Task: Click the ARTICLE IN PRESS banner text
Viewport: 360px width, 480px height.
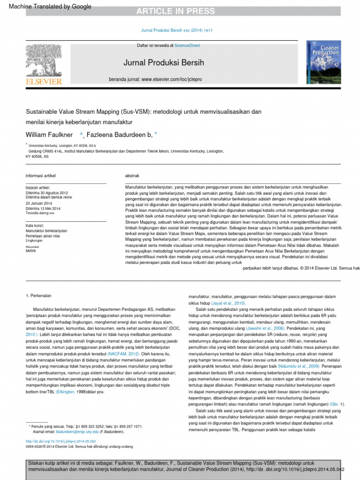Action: coord(176,11)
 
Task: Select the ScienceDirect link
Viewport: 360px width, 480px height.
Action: coord(187,45)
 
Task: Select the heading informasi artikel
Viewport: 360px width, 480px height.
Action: coord(40,176)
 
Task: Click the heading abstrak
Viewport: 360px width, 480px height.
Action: coord(132,176)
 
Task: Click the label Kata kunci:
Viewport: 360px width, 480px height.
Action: coord(36,225)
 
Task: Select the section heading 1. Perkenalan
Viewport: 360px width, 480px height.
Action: coord(38,296)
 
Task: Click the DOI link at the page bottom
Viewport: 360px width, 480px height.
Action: coord(60,441)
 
